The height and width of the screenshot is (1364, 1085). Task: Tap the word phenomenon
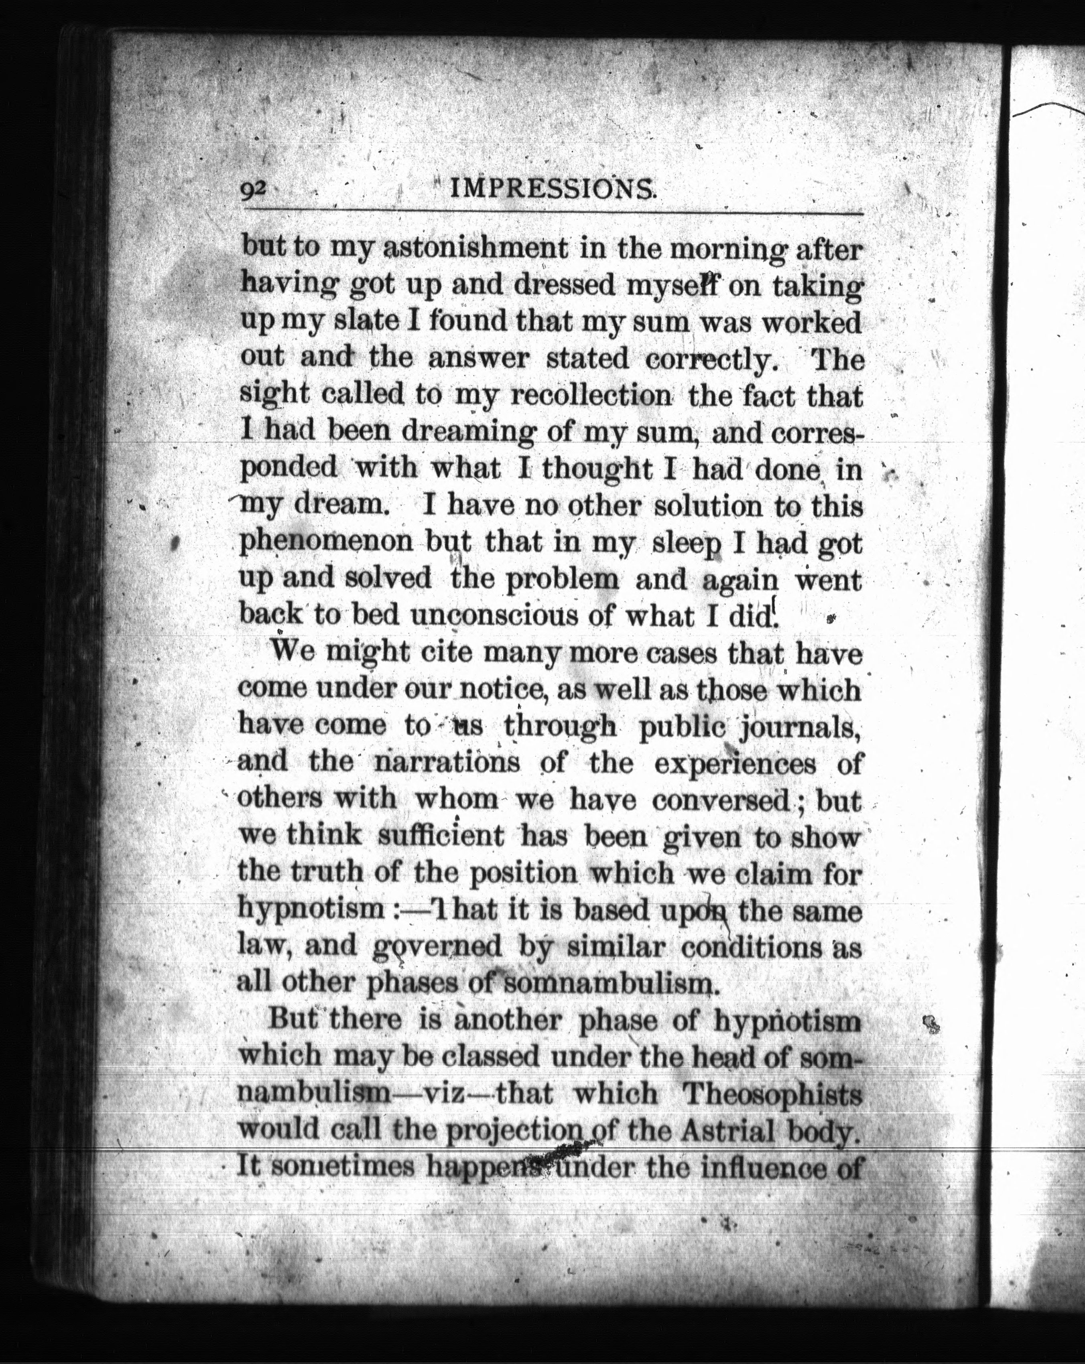(328, 542)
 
